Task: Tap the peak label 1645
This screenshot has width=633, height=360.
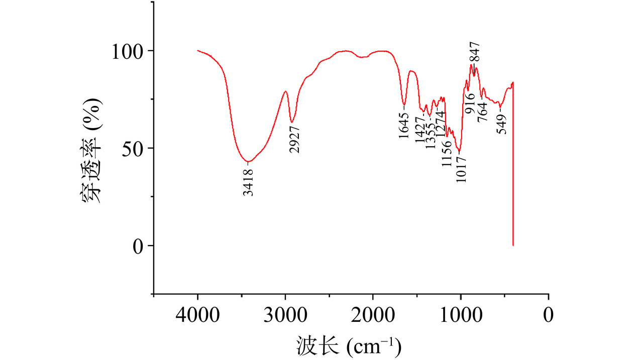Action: (404, 126)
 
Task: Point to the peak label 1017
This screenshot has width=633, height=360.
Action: (462, 170)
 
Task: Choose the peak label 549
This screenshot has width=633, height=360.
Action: (501, 121)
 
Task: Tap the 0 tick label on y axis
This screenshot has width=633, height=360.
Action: (139, 246)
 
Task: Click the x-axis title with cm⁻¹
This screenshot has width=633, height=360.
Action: (348, 345)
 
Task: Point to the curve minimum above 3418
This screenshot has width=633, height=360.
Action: (248, 162)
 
